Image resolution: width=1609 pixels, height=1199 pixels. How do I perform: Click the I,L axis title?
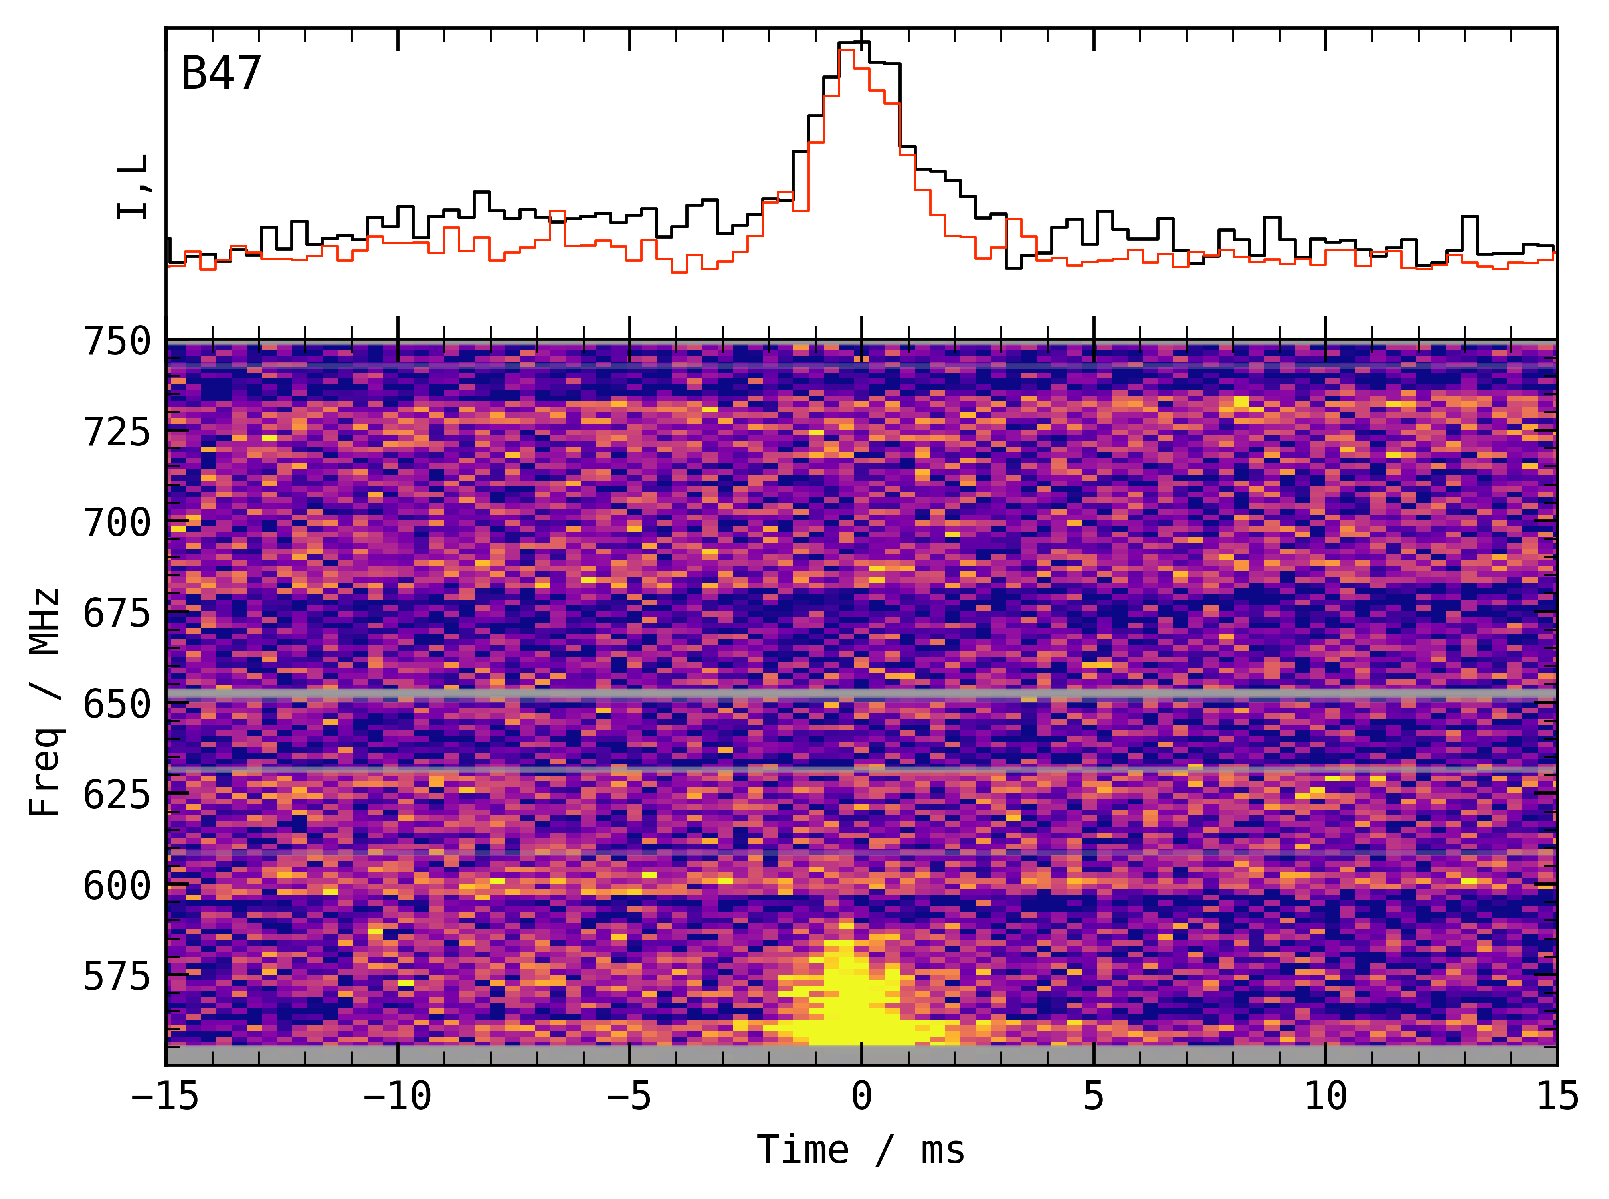pos(132,187)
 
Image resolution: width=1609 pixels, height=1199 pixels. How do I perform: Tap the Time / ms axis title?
pos(861,1150)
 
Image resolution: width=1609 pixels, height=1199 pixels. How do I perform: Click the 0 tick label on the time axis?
pos(861,1096)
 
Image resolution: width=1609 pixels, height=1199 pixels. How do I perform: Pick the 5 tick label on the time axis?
pos(1094,1096)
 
